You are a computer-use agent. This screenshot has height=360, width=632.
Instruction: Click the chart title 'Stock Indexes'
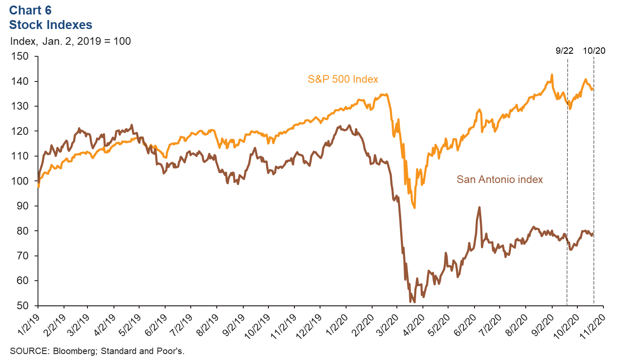(x=50, y=25)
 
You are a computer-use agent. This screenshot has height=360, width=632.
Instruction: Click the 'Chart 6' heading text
(x=30, y=10)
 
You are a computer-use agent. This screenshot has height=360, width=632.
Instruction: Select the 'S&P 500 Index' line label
(x=343, y=79)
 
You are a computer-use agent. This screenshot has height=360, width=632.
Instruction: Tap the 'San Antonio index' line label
(x=499, y=180)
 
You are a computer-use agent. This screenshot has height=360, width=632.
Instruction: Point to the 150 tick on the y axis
(x=20, y=56)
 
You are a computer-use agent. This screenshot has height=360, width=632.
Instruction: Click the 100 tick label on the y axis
(x=20, y=181)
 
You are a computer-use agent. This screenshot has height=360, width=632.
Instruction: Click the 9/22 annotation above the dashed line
(x=564, y=51)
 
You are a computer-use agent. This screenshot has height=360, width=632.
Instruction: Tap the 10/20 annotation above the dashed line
(x=594, y=51)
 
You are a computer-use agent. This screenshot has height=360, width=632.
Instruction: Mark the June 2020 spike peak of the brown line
(x=479, y=207)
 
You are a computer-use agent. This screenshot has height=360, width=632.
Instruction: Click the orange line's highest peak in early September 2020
(x=552, y=75)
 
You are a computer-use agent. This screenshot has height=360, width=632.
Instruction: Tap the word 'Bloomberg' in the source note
(x=75, y=351)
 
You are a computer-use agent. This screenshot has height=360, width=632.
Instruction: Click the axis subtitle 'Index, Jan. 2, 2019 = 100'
(x=70, y=41)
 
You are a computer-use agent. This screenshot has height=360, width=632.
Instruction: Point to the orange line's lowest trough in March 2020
(x=414, y=208)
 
